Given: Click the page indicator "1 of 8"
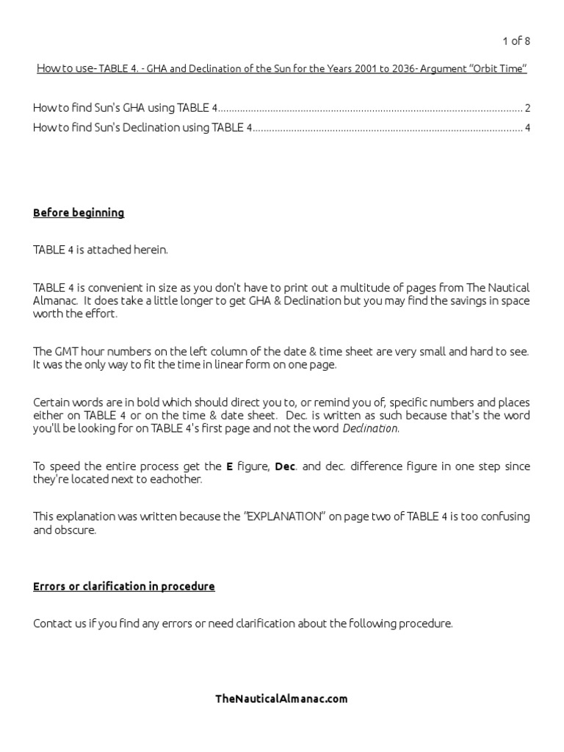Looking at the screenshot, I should pos(515,41).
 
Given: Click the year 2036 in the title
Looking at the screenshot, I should pos(398,69).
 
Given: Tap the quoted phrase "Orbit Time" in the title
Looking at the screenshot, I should pos(498,69).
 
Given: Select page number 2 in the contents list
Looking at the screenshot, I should pos(527,108).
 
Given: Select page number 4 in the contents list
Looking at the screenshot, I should pos(527,128).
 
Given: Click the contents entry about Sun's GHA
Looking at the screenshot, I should pos(125,108).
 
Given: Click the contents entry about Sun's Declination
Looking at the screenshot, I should pos(142,128).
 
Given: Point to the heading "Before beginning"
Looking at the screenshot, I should pos(79,213).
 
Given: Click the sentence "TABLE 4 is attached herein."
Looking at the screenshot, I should pos(101,250).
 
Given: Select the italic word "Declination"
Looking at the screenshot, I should pos(370,428).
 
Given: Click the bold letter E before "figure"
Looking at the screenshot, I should pos(229,466).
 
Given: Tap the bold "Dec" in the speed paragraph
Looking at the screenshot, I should pos(285,466).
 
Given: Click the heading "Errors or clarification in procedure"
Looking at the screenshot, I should pos(124,586).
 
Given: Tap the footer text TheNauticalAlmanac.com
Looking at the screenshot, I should pos(281,698).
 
